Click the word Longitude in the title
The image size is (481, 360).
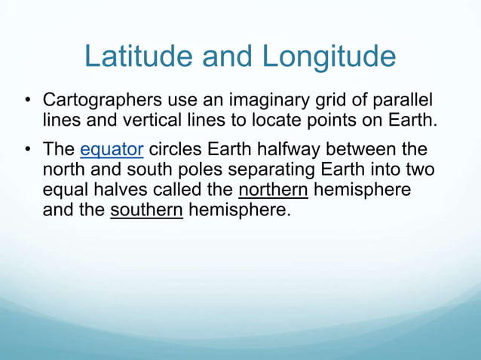coord(329,57)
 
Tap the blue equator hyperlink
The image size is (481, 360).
coord(112,149)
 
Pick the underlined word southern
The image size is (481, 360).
coord(147,209)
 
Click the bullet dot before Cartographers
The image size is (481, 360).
coord(26,100)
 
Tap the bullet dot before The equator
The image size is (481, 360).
coord(26,150)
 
